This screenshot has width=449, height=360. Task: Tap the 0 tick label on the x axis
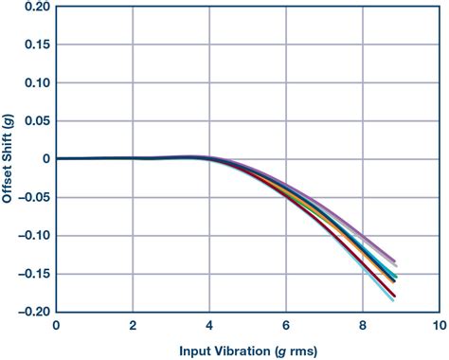tap(57, 325)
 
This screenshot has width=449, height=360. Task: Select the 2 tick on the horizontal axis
tap(133, 325)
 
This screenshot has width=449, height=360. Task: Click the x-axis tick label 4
tap(209, 325)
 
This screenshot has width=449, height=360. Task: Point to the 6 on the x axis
tap(286, 325)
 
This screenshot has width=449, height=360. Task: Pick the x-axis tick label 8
tap(362, 325)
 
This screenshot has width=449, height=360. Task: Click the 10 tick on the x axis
tap(437, 325)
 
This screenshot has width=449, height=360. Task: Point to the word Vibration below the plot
tap(232, 349)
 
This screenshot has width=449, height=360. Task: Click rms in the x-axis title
tap(295, 349)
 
